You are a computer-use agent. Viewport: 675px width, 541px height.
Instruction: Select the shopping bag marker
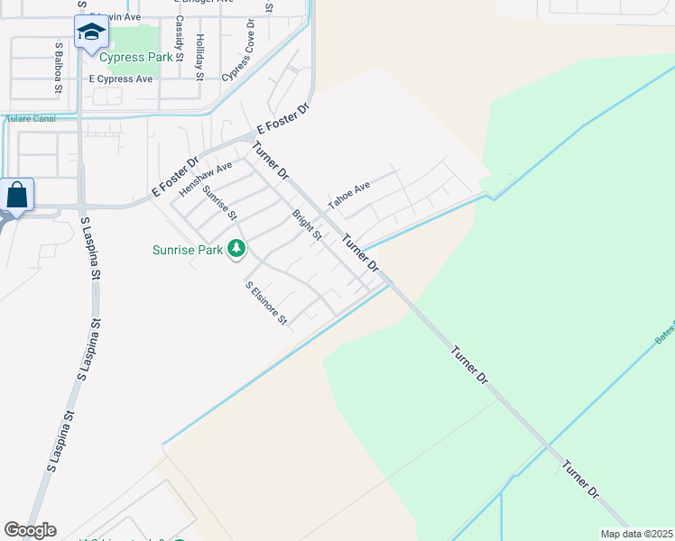click(17, 195)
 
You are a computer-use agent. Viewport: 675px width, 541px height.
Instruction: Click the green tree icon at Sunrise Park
click(236, 247)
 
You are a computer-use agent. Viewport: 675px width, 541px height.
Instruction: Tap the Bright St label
click(307, 225)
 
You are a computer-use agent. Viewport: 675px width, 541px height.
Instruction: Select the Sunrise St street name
click(219, 203)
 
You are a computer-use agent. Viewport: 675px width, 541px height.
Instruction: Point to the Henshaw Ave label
click(205, 179)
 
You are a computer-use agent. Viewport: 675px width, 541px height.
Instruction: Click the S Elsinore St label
click(266, 303)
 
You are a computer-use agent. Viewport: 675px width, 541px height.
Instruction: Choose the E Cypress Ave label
click(120, 78)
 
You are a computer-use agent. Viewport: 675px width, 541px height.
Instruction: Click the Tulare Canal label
click(31, 118)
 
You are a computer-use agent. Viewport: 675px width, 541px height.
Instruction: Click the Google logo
click(30, 530)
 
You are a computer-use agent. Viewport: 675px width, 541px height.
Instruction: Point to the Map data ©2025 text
click(636, 534)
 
